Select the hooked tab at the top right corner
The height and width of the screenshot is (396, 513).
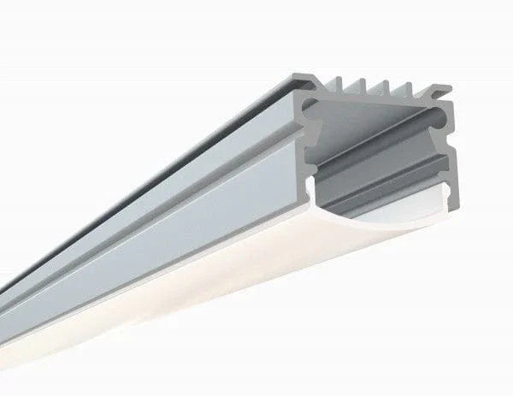tap(441, 91)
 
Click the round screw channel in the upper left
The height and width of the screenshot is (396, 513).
tap(310, 106)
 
